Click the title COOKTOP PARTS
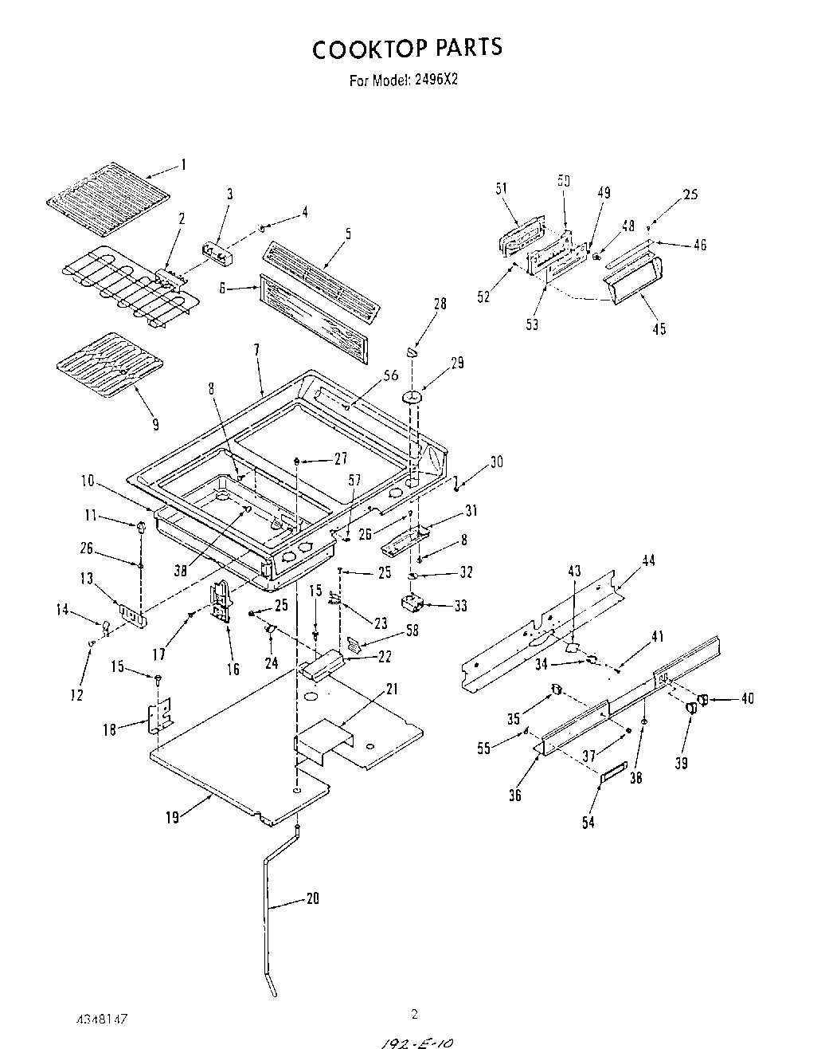[407, 49]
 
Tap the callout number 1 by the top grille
[183, 165]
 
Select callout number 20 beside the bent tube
[312, 898]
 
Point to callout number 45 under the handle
[659, 328]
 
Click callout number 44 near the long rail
[648, 560]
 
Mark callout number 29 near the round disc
[456, 363]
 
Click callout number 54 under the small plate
[588, 822]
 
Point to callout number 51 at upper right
[501, 188]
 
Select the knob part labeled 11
[141, 527]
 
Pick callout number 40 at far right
[746, 699]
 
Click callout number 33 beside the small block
[459, 606]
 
